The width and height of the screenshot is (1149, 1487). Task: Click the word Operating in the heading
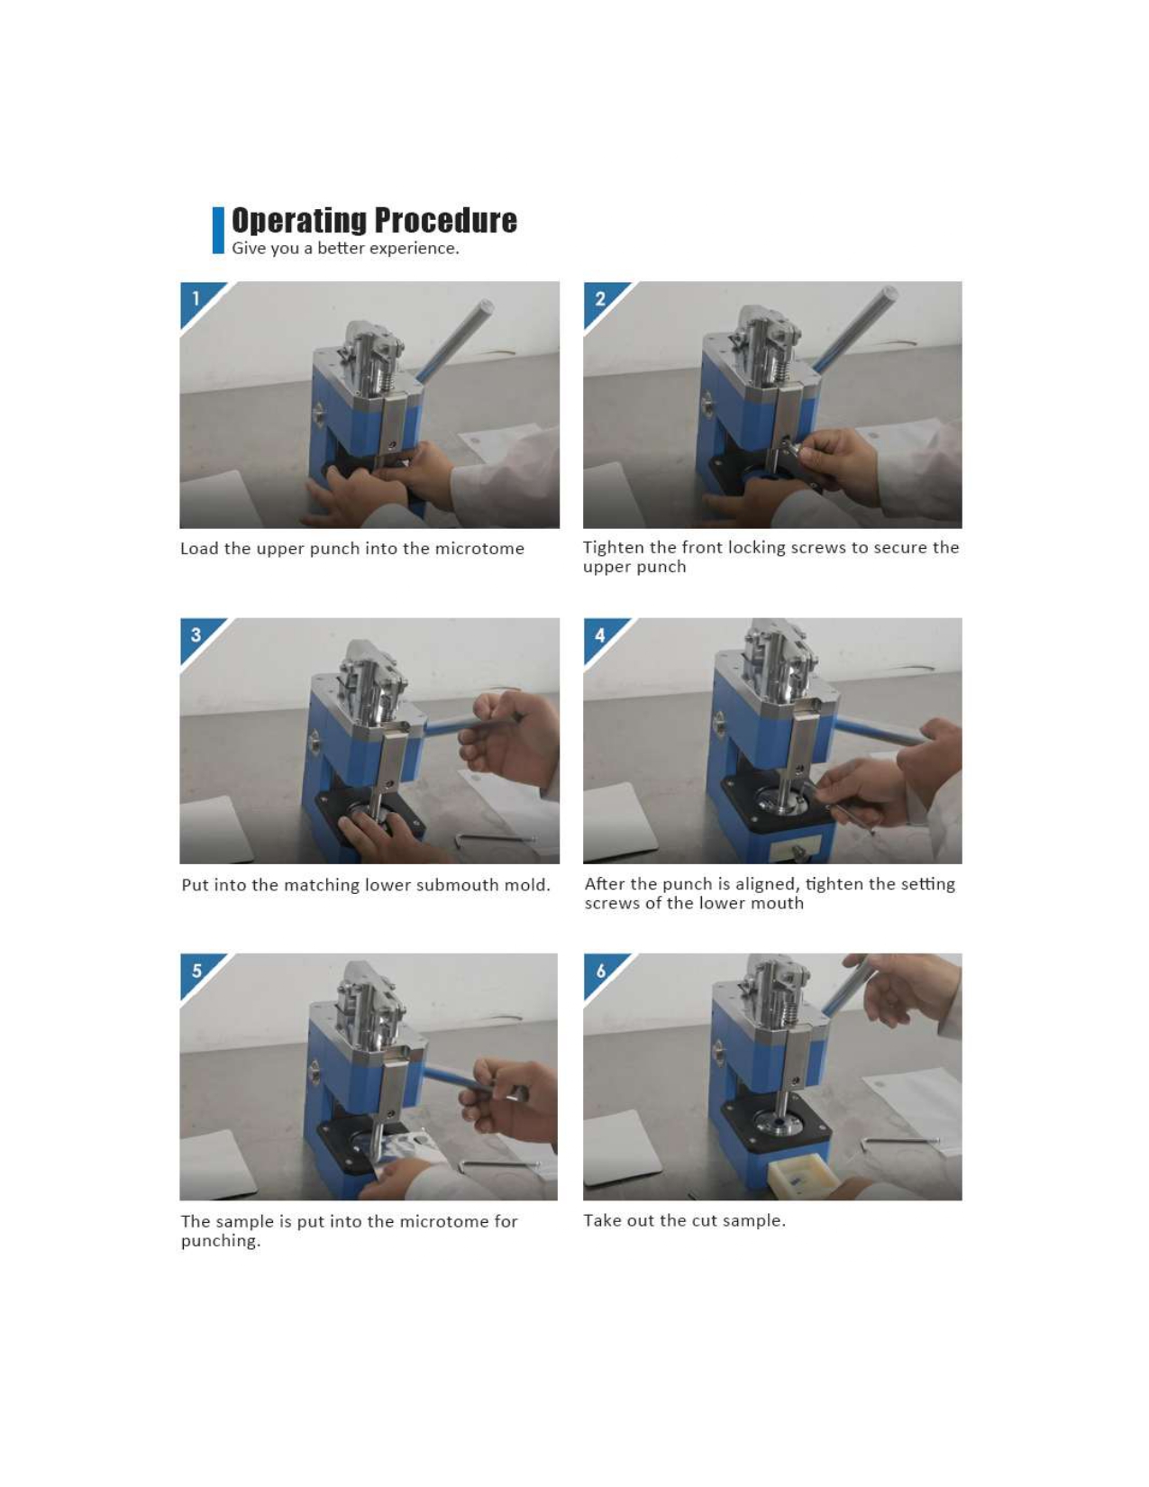[298, 221]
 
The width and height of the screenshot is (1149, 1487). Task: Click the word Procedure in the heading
[445, 221]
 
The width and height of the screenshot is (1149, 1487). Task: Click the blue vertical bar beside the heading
[218, 231]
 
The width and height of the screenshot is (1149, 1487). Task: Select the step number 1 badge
[196, 298]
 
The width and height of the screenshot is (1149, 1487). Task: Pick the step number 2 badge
[600, 298]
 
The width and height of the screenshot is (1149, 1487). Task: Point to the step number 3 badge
[196, 634]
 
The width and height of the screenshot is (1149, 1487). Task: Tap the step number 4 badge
[600, 635]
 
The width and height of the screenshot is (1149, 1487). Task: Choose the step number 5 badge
[196, 971]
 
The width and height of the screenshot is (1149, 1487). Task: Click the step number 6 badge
[600, 971]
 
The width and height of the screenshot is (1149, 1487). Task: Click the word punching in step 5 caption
[221, 1241]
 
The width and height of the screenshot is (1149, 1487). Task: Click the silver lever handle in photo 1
[455, 340]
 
